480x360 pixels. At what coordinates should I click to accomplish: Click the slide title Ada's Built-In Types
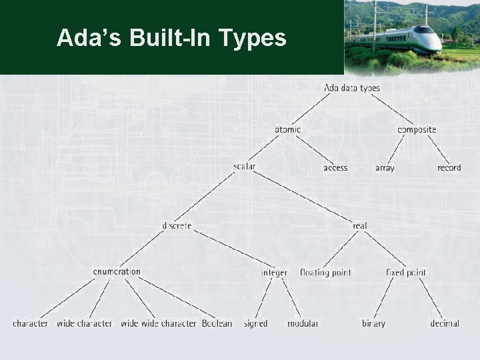[171, 38]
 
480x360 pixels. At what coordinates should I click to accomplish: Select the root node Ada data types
[351, 88]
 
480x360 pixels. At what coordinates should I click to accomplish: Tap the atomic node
[287, 129]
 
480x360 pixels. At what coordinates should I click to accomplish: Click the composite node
[417, 129]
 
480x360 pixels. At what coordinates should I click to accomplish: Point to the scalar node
[245, 166]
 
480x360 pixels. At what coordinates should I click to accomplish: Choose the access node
[335, 168]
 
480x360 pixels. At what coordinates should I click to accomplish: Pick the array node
[385, 168]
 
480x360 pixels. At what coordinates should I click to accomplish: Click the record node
[449, 168]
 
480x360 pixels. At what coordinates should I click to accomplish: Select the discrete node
[177, 225]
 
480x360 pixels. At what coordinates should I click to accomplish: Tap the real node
[359, 225]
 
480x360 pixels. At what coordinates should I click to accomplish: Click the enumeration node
[117, 271]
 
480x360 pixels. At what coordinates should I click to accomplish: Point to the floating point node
[325, 272]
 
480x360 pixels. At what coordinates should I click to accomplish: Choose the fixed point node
[405, 272]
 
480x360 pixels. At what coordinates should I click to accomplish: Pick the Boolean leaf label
[217, 323]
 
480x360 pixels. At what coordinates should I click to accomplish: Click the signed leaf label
[255, 323]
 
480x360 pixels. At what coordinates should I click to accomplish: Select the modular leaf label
[303, 323]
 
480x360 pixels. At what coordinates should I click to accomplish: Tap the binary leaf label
[373, 323]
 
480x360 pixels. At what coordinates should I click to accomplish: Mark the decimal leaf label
[444, 323]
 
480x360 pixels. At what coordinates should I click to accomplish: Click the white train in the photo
[407, 39]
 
